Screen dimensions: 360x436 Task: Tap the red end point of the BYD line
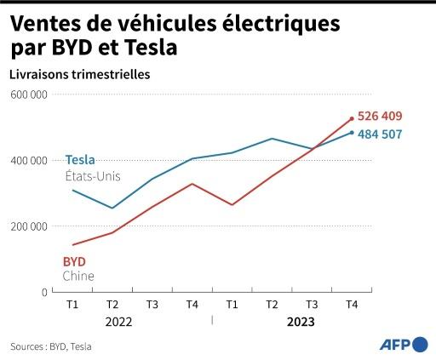(351, 119)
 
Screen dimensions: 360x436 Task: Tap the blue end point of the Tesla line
(351, 132)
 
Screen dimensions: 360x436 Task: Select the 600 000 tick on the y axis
(29, 94)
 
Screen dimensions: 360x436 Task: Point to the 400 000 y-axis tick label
(29, 160)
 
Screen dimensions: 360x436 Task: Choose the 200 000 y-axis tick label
(29, 226)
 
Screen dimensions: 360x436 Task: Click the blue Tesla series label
(80, 160)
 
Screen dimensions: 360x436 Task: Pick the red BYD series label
(75, 260)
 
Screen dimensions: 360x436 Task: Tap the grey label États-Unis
(93, 176)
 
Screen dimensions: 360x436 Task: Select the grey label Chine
(78, 277)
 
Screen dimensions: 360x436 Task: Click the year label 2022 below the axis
(118, 322)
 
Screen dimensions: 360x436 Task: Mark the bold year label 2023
(300, 322)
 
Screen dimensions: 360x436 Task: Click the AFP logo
(404, 345)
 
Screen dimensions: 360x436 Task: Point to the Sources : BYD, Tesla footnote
(51, 346)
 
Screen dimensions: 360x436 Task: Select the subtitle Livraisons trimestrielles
(80, 74)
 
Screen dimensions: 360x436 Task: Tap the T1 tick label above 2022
(72, 304)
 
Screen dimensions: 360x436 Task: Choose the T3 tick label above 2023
(312, 304)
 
